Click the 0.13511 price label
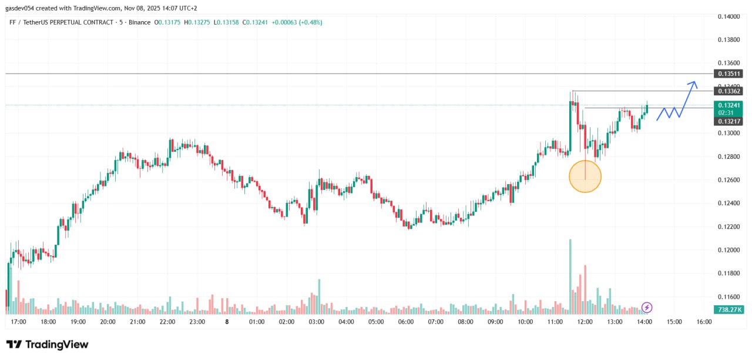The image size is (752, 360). coord(729,74)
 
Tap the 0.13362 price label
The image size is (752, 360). coord(729,91)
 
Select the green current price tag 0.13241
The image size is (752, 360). coord(729,105)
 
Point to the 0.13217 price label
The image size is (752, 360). coord(729,121)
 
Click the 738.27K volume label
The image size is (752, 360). coord(729,309)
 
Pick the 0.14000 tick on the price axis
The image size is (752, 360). coord(729,16)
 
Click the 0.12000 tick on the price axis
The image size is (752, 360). coord(729,250)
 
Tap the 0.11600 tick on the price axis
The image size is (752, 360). coord(729,297)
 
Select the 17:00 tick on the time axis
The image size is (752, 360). coord(18,322)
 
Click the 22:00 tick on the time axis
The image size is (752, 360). coord(167,322)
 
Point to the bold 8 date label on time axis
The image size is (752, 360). coord(227,322)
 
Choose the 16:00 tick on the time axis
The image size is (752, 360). coord(704,322)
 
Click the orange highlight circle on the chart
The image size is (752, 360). coord(585,176)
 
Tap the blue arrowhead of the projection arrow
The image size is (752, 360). coord(694,84)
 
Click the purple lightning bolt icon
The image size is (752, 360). coord(647,307)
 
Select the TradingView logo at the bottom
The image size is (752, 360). coord(47,345)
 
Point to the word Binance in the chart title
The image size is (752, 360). coord(140,22)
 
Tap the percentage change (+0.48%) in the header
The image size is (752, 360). coord(310,22)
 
